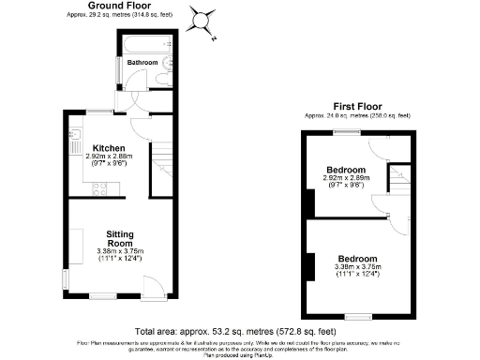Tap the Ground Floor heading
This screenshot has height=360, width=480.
121,6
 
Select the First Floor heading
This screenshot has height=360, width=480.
356,106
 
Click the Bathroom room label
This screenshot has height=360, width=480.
143,63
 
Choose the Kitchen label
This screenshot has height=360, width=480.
103,148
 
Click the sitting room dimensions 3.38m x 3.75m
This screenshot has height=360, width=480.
120,251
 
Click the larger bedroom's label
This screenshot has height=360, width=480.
357,258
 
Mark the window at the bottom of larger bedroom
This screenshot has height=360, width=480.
357,316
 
